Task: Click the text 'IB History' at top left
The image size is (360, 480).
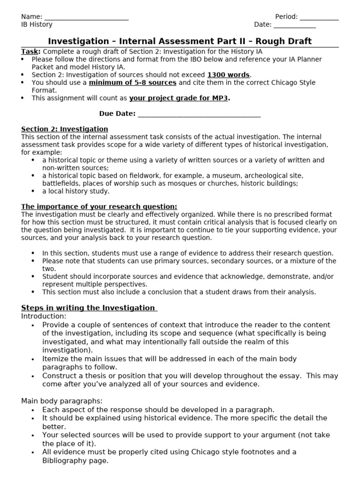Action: [x=37, y=24]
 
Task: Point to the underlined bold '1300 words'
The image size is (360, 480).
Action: [x=229, y=75]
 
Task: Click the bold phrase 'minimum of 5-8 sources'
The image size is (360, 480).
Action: [x=133, y=82]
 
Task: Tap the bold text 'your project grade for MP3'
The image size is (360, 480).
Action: [x=179, y=98]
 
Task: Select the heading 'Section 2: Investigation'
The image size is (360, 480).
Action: [x=65, y=129]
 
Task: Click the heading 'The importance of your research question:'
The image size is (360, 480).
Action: [x=99, y=207]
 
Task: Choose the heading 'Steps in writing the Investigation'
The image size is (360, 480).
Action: [x=88, y=308]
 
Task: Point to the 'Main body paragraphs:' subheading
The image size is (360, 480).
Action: [x=61, y=401]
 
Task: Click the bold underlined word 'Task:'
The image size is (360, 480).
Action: [x=31, y=52]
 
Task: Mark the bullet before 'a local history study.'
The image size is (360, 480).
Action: [x=33, y=191]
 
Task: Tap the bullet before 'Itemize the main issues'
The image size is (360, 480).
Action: [x=33, y=359]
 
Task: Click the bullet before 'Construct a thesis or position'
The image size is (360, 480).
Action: [x=33, y=376]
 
